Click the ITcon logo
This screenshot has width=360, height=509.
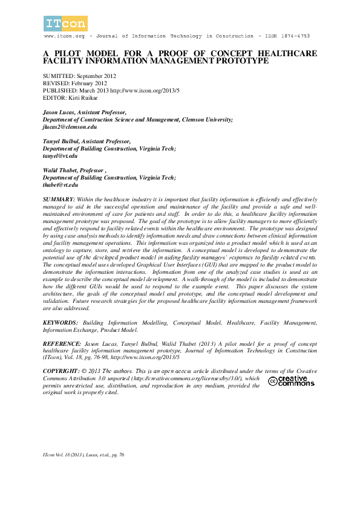tap(65, 24)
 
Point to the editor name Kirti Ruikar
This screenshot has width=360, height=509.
tap(83, 97)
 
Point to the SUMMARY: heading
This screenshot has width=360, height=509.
tap(59, 199)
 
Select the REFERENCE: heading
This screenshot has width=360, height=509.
tap(62, 343)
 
